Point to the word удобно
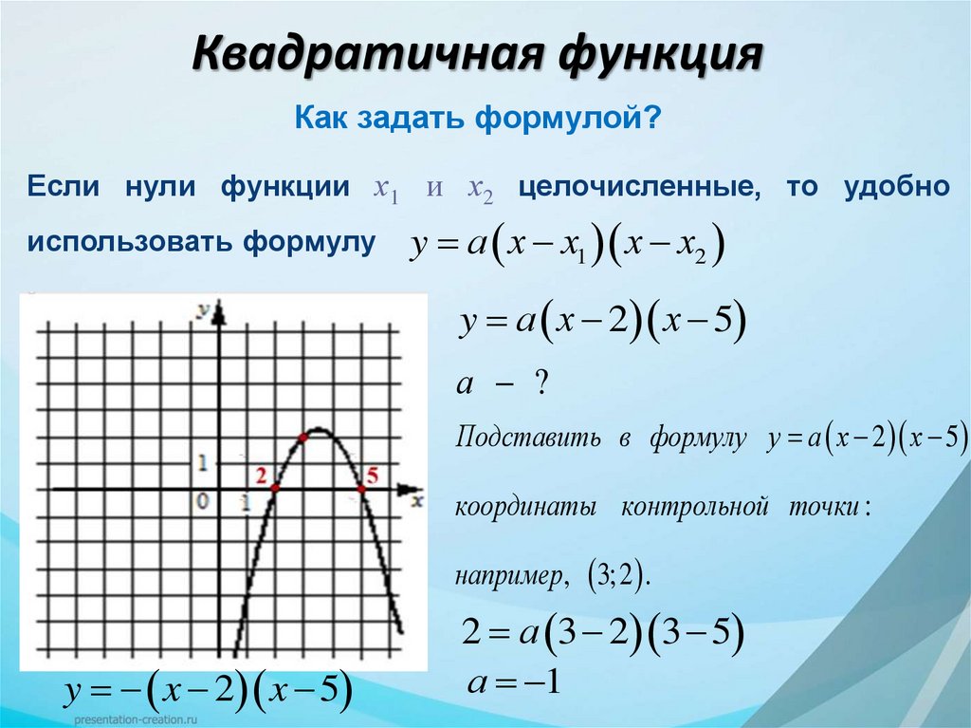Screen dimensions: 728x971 (x=896, y=186)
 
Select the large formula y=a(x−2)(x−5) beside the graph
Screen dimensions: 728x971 (x=603, y=323)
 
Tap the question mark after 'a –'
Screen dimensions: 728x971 (x=540, y=383)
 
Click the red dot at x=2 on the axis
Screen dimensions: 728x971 (x=275, y=489)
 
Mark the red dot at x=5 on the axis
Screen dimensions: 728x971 (x=361, y=489)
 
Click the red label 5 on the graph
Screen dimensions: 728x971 (x=371, y=476)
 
